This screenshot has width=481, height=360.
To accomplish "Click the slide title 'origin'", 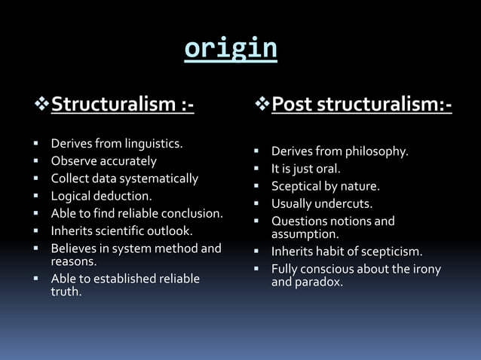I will point(231,49).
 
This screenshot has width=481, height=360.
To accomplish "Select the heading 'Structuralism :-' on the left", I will point(122,105).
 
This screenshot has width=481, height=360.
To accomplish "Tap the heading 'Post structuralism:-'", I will point(361,105).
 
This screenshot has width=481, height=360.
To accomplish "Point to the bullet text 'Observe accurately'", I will point(103,160).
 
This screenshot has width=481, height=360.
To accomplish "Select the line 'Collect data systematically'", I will point(124,178).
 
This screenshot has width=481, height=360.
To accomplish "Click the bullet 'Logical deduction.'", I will point(101,196).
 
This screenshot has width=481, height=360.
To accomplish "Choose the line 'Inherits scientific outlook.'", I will point(121,230).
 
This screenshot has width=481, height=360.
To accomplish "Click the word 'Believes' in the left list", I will point(74,248).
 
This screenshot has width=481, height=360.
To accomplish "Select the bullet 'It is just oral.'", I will point(305,169).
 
